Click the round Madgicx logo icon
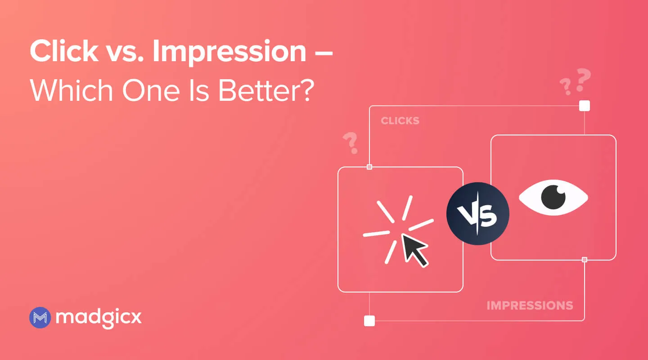coord(40,318)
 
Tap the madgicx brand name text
coord(99,318)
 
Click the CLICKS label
coord(400,121)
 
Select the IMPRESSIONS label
coord(530,306)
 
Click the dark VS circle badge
coord(477,214)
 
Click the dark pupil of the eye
coord(553,197)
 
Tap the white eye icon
coord(553,197)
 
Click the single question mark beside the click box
coord(350,143)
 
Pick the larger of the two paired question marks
coord(583,79)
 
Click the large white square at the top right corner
coord(585,106)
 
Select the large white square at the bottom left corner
coord(369,320)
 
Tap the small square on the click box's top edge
coord(369,167)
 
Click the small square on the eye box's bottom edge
coord(585,260)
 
